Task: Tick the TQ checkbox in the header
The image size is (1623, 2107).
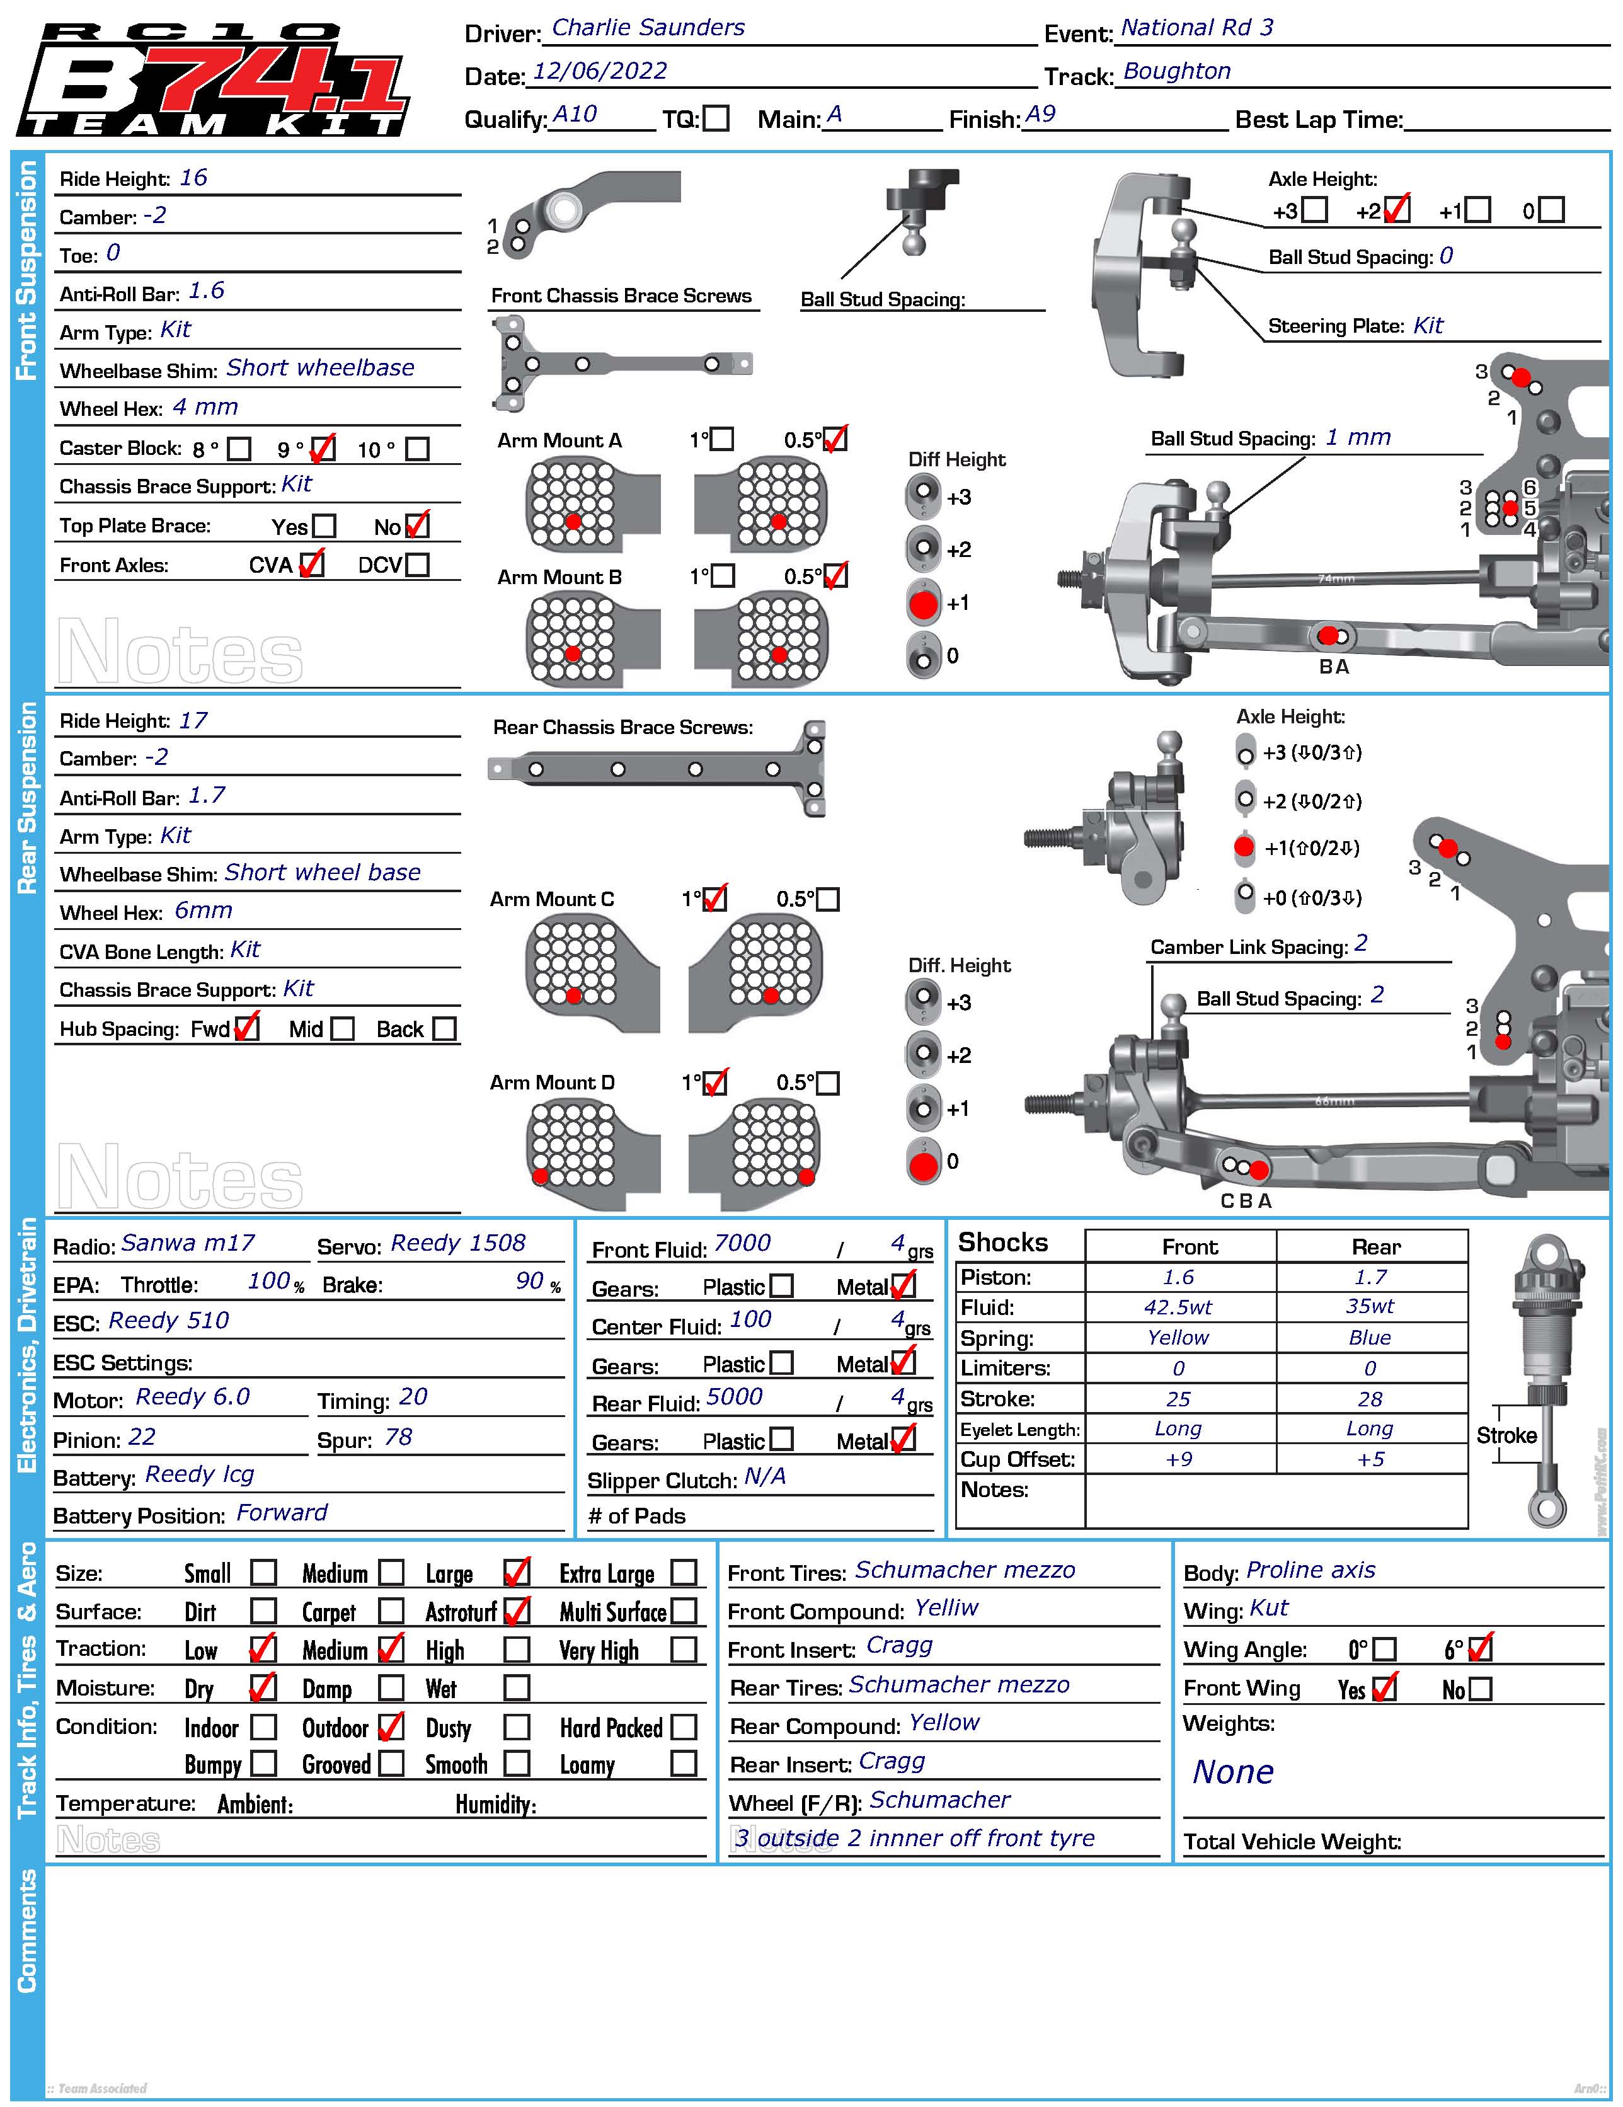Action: tap(715, 118)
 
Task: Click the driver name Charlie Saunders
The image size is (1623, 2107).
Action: tap(648, 28)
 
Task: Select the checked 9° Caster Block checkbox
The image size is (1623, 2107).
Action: tap(323, 449)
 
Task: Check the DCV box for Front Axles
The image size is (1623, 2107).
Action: tap(418, 565)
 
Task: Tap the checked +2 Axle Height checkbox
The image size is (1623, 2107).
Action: tap(1396, 209)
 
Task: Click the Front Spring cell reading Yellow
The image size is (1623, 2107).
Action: tap(1178, 1337)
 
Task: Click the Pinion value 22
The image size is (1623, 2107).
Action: tap(142, 1437)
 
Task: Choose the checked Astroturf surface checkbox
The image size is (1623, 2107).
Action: tap(517, 1610)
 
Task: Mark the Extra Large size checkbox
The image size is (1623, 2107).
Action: tap(683, 1573)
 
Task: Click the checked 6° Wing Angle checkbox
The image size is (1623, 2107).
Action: tap(1479, 1649)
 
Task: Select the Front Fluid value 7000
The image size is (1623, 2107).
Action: tap(742, 1244)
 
